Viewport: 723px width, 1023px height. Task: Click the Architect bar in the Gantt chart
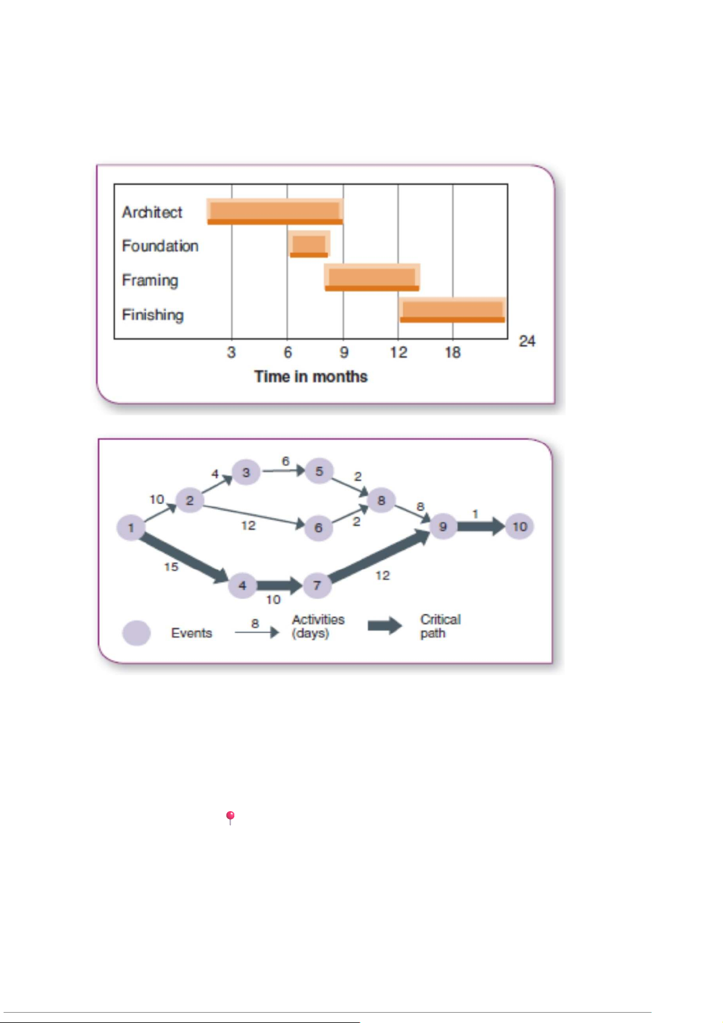click(x=275, y=211)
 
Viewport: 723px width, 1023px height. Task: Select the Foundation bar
click(x=309, y=244)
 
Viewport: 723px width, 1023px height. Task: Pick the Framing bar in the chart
click(x=372, y=277)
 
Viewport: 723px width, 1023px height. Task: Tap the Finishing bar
click(x=453, y=310)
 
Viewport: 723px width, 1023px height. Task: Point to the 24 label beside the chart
click(x=527, y=341)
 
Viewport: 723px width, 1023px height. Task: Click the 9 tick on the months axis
click(x=344, y=352)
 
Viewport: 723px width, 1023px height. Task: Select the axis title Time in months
click(x=311, y=376)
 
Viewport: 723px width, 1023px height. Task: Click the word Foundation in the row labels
click(x=160, y=246)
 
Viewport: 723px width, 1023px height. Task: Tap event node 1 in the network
click(x=131, y=528)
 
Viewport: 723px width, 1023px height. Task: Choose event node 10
click(x=519, y=526)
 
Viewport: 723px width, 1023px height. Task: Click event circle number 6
click(x=318, y=528)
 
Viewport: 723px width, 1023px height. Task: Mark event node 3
click(x=246, y=472)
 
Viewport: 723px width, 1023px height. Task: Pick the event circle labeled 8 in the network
click(x=381, y=500)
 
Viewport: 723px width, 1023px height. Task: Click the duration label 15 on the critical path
click(x=171, y=567)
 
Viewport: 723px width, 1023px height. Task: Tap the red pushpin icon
click(x=231, y=817)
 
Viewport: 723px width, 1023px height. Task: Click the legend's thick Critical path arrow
click(x=385, y=626)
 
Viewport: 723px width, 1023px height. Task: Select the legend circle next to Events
click(x=137, y=633)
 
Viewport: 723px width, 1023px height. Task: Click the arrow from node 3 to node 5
click(x=283, y=471)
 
